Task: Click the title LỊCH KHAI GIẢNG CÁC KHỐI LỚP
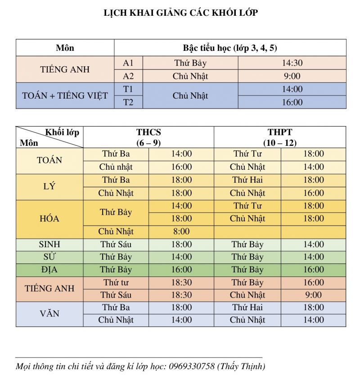[180, 13]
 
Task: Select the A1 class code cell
[128, 63]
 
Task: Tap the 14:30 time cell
[292, 63]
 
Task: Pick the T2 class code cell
[128, 102]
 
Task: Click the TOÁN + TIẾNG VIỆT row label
[65, 95]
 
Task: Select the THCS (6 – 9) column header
[148, 137]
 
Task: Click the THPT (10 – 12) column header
[279, 137]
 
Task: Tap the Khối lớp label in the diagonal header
[62, 132]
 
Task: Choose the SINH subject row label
[49, 244]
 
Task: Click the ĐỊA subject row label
[49, 270]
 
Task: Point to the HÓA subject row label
[49, 219]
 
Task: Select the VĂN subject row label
[49, 313]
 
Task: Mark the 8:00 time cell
[181, 232]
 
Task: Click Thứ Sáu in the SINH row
[116, 244]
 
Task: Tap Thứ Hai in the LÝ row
[247, 180]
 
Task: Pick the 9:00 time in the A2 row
[292, 76]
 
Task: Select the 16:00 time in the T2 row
[292, 102]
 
